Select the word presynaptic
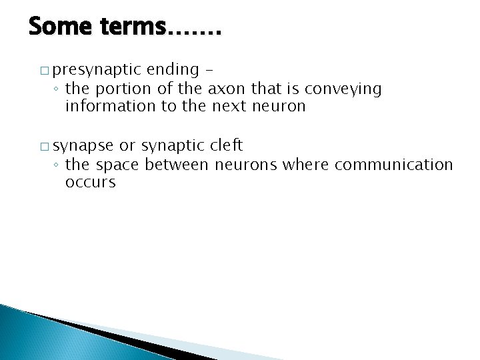click(97, 69)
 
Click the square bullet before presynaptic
click(44, 69)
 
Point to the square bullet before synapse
click(44, 145)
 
